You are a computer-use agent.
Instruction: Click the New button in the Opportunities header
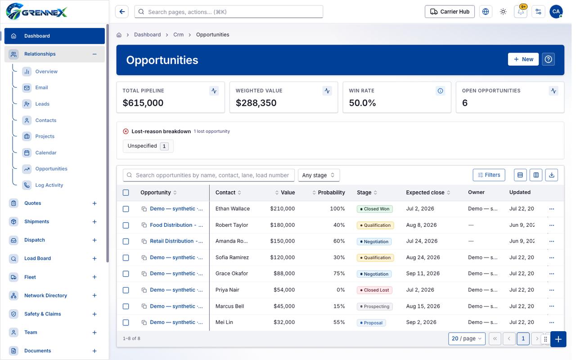click(x=523, y=59)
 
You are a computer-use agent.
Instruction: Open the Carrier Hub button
click(x=450, y=12)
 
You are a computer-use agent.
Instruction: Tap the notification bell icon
click(x=521, y=12)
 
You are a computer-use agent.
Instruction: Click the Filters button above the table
click(x=489, y=175)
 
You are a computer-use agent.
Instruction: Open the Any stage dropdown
click(x=319, y=175)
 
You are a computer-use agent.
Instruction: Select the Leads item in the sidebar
click(x=42, y=104)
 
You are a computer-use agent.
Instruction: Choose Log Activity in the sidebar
click(x=49, y=185)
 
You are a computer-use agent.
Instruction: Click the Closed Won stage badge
click(x=375, y=209)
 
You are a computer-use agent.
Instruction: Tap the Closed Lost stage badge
click(x=374, y=290)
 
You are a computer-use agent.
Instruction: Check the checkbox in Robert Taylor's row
click(x=126, y=225)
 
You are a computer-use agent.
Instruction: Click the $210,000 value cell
click(x=282, y=209)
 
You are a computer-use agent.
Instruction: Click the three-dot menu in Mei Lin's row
click(x=551, y=323)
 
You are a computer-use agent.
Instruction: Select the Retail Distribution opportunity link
click(x=176, y=241)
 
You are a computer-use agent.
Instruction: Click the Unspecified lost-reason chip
click(x=148, y=146)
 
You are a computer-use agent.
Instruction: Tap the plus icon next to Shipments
click(x=94, y=222)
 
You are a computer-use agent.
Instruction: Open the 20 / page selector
click(x=467, y=339)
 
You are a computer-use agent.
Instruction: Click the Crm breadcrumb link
click(x=178, y=35)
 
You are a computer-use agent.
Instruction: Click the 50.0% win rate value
click(x=362, y=103)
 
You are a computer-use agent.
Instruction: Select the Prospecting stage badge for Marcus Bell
click(x=375, y=306)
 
